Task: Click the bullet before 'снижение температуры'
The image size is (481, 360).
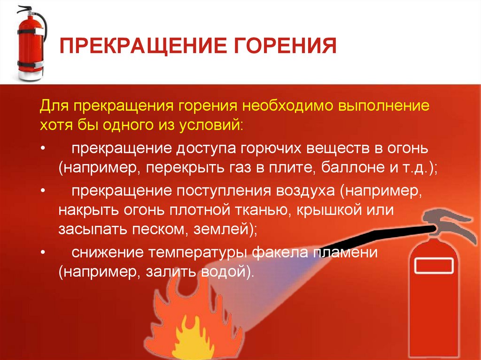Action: tap(43, 253)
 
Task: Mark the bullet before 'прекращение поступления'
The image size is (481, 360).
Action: tap(43, 192)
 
